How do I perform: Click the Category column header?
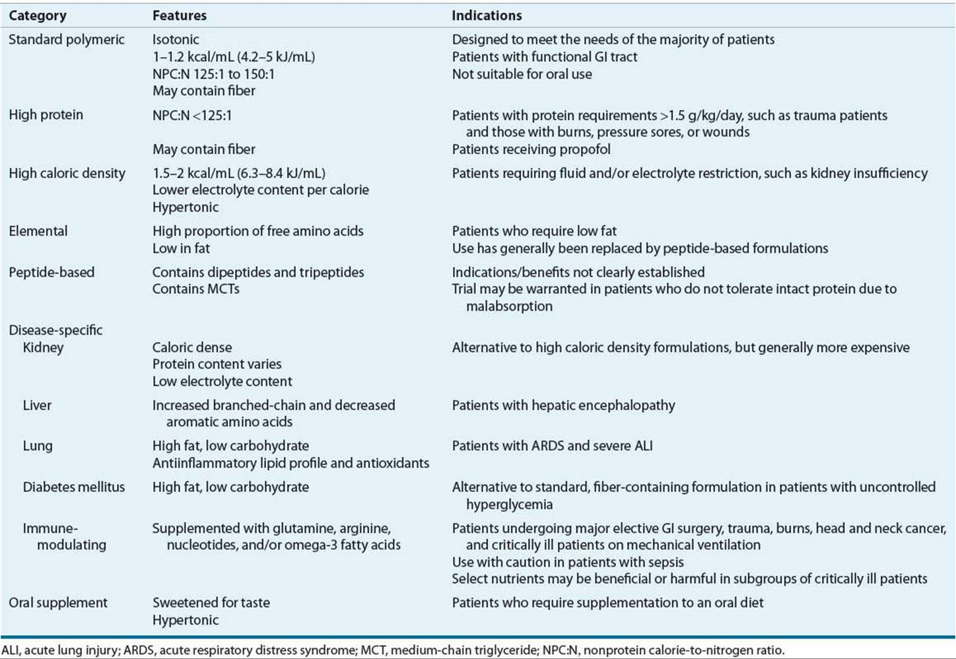(37, 15)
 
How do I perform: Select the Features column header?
(179, 15)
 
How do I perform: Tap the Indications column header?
(487, 15)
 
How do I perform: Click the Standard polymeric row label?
(66, 40)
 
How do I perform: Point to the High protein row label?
(46, 115)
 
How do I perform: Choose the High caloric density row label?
(67, 173)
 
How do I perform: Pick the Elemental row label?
(38, 231)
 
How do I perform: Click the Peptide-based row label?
(51, 272)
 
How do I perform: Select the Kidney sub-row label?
(43, 347)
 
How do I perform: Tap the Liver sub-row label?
(37, 405)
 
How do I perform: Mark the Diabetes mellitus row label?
(73, 487)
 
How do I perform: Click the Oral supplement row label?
(58, 603)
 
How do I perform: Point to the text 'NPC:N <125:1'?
(192, 116)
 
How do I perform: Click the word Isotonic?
(176, 40)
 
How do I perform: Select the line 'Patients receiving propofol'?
(531, 149)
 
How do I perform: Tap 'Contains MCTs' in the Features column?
(195, 289)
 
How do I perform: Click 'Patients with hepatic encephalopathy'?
(563, 405)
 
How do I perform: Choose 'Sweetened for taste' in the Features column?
(211, 603)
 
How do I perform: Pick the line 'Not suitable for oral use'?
(522, 74)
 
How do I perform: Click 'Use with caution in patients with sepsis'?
(567, 563)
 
